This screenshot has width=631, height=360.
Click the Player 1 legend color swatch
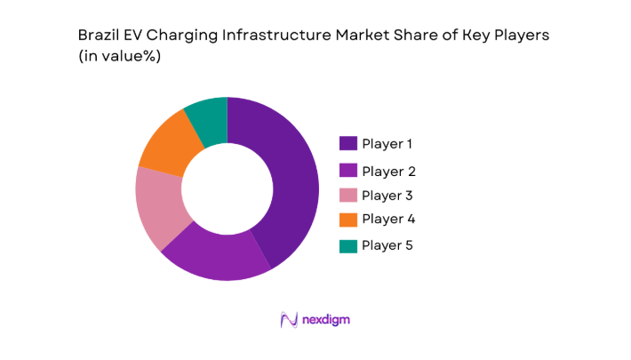tap(347, 143)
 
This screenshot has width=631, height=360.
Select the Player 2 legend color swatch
tap(347, 171)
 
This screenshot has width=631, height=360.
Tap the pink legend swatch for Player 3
tap(347, 196)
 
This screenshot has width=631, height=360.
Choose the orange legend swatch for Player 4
tap(347, 219)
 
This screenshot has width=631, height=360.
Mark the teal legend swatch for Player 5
tap(347, 245)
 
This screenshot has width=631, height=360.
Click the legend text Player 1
tap(387, 143)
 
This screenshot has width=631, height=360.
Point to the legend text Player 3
tap(387, 196)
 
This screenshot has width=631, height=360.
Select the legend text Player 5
tap(387, 245)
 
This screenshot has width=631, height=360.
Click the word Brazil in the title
tap(97, 35)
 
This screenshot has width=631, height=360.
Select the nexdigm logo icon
tap(288, 319)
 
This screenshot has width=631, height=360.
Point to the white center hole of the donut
tap(227, 188)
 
